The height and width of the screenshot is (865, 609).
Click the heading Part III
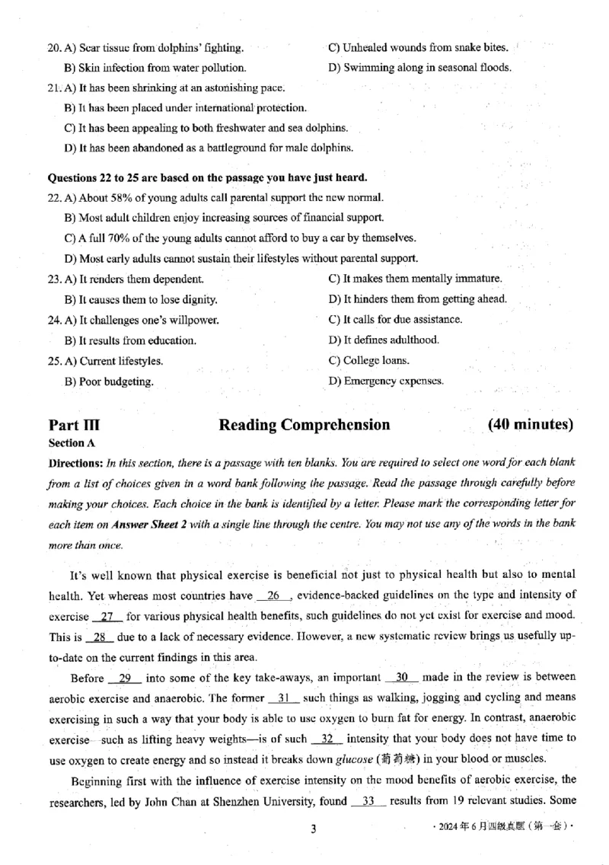(73, 425)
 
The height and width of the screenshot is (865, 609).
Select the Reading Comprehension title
(304, 425)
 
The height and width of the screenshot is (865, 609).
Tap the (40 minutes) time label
(530, 424)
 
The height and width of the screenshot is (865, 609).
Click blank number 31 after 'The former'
(285, 697)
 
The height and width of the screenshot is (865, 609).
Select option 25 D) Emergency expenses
(386, 381)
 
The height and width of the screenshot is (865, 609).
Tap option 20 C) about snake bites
(418, 47)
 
